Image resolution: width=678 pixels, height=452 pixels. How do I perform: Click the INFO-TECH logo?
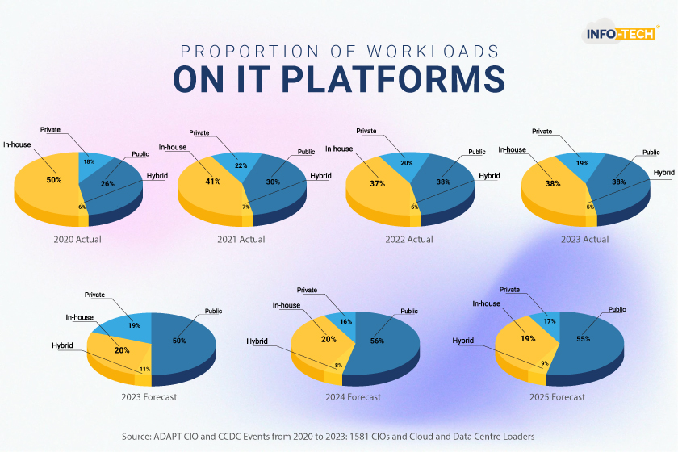pyautogui.click(x=621, y=32)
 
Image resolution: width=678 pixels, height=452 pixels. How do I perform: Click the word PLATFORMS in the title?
pyautogui.click(x=393, y=79)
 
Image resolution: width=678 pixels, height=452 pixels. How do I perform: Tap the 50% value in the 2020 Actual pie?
pyautogui.click(x=54, y=179)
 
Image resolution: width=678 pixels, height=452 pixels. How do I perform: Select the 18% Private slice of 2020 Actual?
pyautogui.click(x=92, y=163)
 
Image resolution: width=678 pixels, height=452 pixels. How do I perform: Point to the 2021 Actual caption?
pyautogui.click(x=241, y=239)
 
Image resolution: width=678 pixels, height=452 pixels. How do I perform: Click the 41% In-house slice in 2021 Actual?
pyautogui.click(x=209, y=186)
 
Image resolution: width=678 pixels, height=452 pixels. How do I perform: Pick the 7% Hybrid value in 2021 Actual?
pyautogui.click(x=246, y=207)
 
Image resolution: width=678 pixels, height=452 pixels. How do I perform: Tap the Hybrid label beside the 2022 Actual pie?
pyautogui.click(x=489, y=176)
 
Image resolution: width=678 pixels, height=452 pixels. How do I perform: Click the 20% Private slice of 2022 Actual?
pyautogui.click(x=404, y=165)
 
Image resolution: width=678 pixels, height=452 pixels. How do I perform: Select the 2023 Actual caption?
pyautogui.click(x=584, y=239)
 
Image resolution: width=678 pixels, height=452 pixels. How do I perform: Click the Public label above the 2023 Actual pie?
pyautogui.click(x=651, y=153)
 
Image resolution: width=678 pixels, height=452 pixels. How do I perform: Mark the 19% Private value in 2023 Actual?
pyautogui.click(x=582, y=163)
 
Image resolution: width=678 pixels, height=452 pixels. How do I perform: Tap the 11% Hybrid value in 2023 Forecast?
pyautogui.click(x=144, y=369)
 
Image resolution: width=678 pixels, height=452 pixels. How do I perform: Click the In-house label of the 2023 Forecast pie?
pyautogui.click(x=80, y=317)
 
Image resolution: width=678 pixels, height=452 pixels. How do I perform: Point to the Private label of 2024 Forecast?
pyautogui.click(x=307, y=290)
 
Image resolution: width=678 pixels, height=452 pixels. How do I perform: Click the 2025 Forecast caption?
pyautogui.click(x=557, y=396)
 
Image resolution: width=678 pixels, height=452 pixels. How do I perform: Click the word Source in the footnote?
pyautogui.click(x=136, y=437)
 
